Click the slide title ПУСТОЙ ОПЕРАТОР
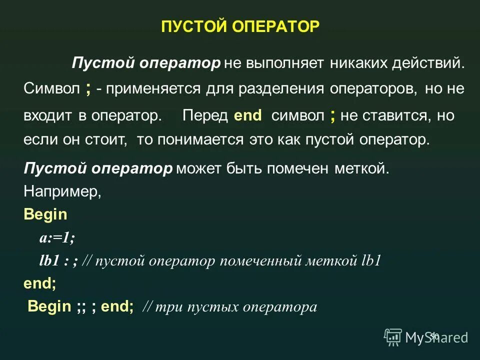[240, 27]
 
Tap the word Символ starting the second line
[51, 89]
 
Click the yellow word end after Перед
[247, 115]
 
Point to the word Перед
[205, 115]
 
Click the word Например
[62, 192]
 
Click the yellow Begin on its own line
[45, 215]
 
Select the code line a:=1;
[57, 238]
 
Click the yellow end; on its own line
[39, 284]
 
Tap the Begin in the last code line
[49, 306]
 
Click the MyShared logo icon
[393, 337]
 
